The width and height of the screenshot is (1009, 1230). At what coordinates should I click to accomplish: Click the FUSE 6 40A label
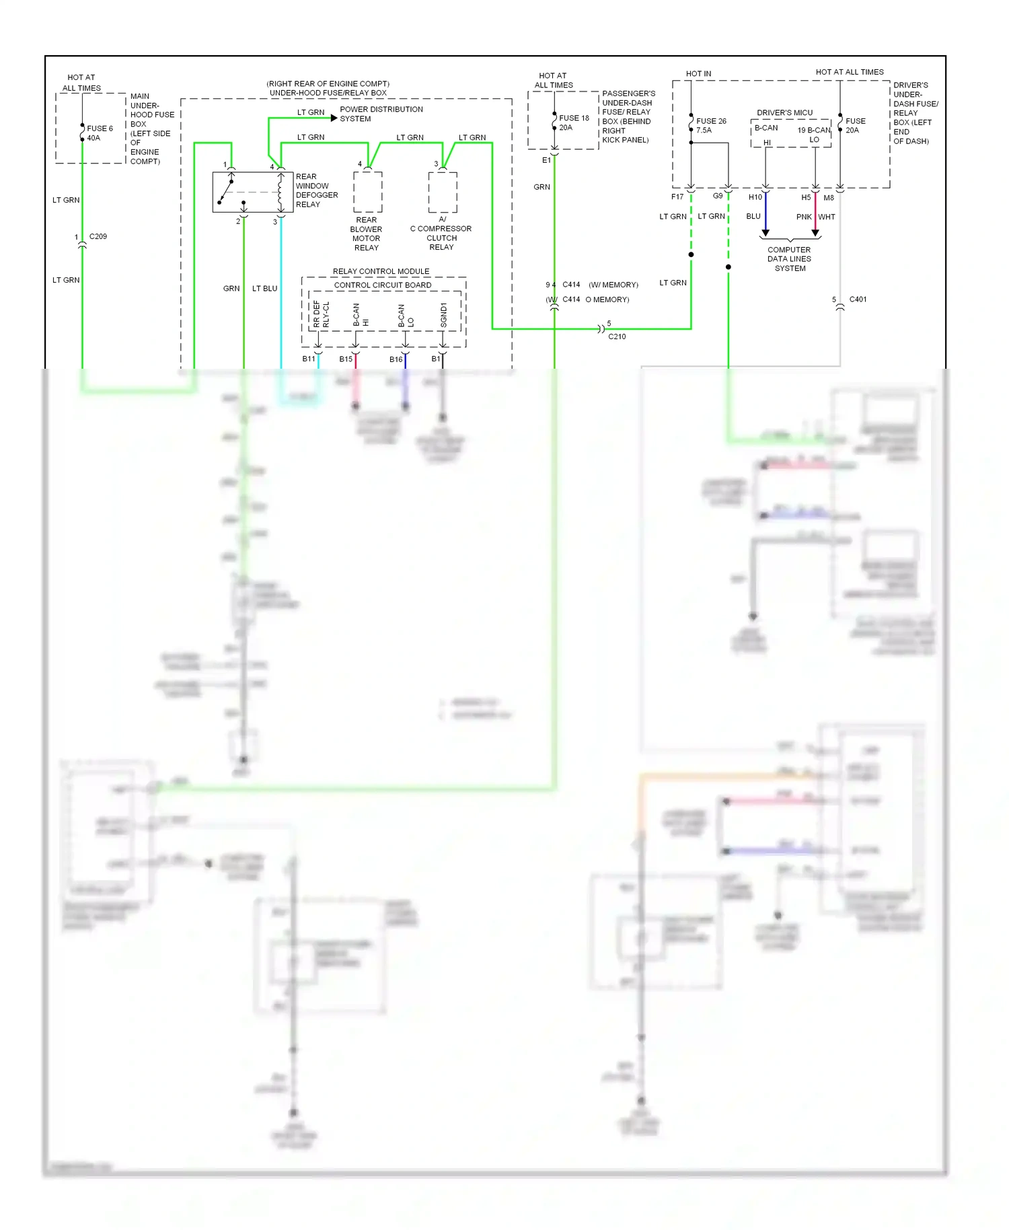[x=99, y=133]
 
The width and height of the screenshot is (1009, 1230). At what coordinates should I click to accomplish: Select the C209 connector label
[x=98, y=237]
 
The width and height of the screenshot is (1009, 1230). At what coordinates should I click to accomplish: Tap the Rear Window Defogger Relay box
[x=252, y=192]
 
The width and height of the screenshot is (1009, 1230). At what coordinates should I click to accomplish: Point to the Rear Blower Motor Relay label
[x=366, y=234]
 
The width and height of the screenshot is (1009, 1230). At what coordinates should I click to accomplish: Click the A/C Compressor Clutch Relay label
[x=441, y=233]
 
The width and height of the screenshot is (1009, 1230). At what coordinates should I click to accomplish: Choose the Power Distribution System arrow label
[x=381, y=114]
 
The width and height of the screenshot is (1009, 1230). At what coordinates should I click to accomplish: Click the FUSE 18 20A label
[x=574, y=122]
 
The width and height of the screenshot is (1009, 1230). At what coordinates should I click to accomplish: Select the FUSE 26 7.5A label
[x=711, y=126]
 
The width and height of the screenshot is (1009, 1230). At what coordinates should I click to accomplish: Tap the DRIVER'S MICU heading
[x=784, y=112]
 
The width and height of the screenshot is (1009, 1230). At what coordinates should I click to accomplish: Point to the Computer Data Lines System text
[x=790, y=259]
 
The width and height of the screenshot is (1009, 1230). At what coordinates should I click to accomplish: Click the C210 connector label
[x=617, y=336]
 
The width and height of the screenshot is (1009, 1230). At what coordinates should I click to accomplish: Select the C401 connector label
[x=858, y=299]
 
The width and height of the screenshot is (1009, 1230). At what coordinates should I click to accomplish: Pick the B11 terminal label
[x=308, y=359]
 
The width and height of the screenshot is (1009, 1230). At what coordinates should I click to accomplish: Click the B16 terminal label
[x=396, y=359]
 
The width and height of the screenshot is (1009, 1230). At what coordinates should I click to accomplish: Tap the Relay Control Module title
[x=381, y=271]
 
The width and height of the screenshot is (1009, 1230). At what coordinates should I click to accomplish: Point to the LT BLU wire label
[x=264, y=289]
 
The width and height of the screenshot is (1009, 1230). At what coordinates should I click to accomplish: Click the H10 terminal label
[x=755, y=197]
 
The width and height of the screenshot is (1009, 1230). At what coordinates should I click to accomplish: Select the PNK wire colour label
[x=803, y=217]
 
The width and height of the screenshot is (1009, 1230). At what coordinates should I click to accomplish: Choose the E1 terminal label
[x=546, y=160]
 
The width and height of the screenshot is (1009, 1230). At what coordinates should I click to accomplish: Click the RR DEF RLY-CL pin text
[x=322, y=314]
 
